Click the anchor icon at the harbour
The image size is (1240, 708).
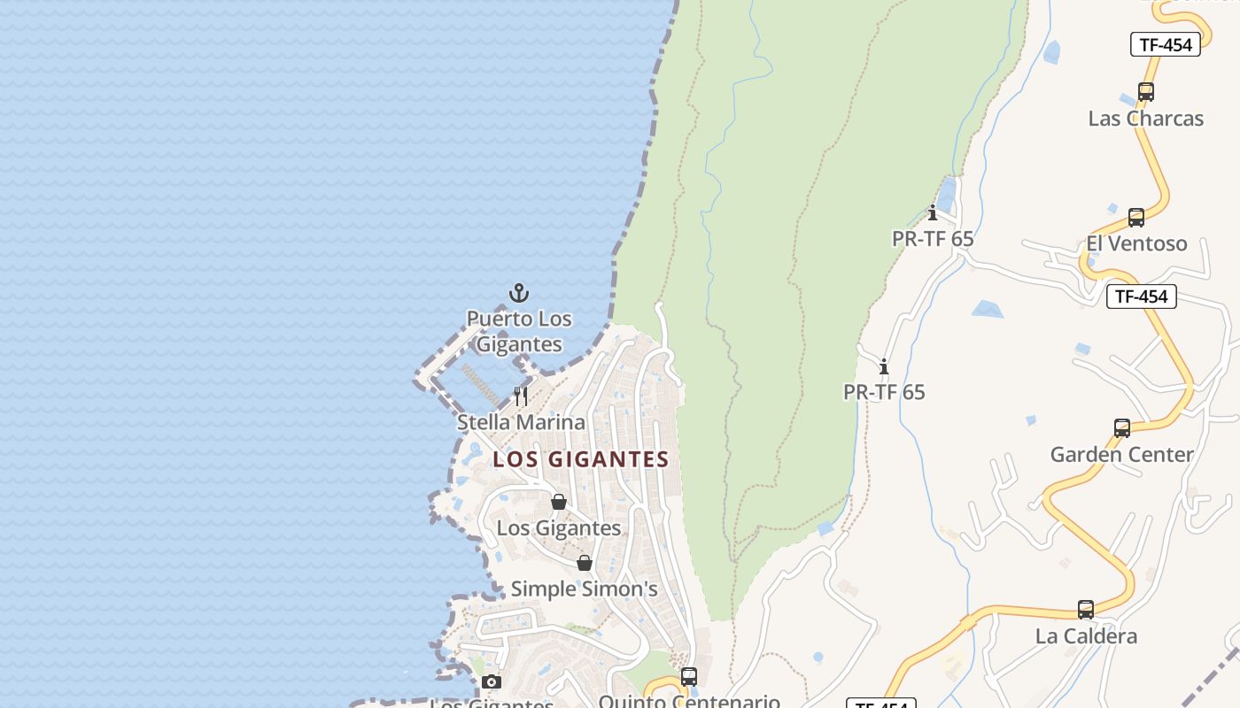point(519,293)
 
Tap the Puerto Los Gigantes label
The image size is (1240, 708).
point(519,331)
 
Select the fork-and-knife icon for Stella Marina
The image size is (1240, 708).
point(521,396)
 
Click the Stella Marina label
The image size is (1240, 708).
point(521,422)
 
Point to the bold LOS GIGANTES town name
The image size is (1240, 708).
point(580,459)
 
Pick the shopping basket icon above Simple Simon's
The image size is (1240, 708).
point(585,563)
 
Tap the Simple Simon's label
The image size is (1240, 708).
point(584,589)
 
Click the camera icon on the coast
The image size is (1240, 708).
point(492,681)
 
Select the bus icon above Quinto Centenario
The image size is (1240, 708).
point(689,677)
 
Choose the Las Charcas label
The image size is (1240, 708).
point(1145,119)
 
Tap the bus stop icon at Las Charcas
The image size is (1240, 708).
point(1145,91)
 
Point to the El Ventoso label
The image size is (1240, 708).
point(1136,243)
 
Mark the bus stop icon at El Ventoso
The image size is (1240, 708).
point(1136,218)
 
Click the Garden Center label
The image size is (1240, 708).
point(1121,455)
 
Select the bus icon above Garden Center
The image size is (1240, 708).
point(1122,428)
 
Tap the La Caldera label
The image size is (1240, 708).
point(1086,636)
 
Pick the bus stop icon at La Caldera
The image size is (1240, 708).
point(1086,610)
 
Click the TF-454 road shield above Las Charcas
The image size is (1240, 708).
point(1165,44)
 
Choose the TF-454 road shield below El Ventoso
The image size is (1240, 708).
point(1141,296)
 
